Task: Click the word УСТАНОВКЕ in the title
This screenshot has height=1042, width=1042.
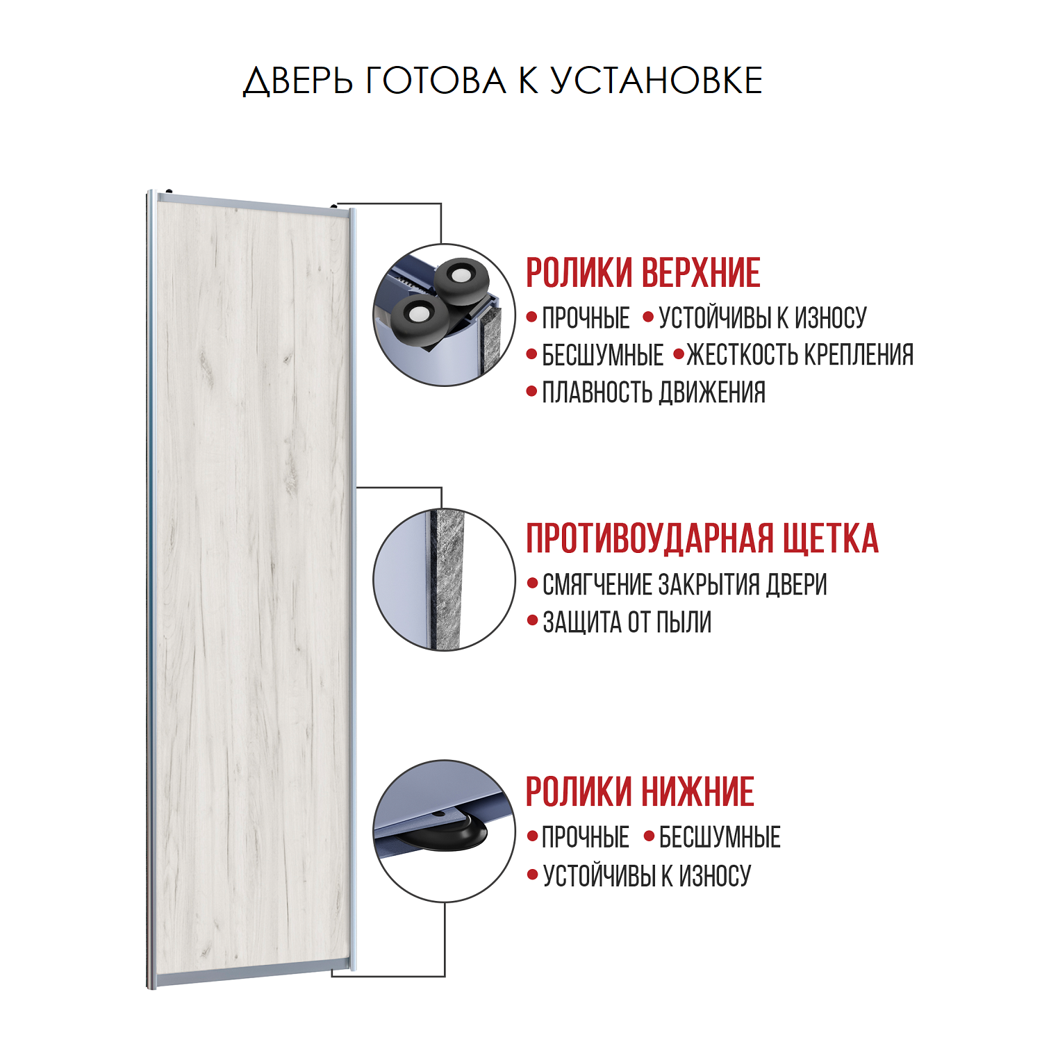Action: click(656, 81)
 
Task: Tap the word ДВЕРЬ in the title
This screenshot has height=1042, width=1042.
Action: click(297, 81)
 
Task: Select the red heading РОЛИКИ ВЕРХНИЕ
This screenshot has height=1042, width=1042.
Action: click(643, 272)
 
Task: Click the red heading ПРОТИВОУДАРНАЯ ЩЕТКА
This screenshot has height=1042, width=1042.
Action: click(702, 538)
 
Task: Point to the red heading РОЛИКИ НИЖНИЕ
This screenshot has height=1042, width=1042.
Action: click(639, 792)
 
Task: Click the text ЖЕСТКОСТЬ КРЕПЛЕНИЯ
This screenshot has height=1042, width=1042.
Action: click(800, 355)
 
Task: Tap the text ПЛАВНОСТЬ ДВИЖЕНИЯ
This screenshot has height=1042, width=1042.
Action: click(654, 392)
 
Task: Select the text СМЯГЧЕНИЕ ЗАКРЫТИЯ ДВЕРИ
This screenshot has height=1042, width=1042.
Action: click(684, 585)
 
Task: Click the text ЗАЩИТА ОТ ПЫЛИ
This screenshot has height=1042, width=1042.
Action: click(627, 622)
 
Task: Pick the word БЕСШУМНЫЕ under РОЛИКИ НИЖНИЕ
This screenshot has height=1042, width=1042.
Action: click(720, 838)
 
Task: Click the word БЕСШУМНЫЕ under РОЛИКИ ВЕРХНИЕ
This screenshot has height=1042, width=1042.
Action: click(602, 355)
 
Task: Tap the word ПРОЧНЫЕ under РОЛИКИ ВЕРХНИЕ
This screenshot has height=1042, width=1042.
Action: click(586, 318)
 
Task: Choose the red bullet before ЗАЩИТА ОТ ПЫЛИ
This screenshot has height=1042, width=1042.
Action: click(532, 620)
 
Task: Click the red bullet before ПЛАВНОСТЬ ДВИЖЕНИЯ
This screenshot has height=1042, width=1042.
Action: click(532, 392)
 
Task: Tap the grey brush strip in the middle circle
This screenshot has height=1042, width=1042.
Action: click(447, 580)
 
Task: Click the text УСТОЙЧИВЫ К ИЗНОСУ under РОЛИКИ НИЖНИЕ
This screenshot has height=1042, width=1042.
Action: click(647, 876)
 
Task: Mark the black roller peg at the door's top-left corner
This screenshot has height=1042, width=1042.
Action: click(169, 191)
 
